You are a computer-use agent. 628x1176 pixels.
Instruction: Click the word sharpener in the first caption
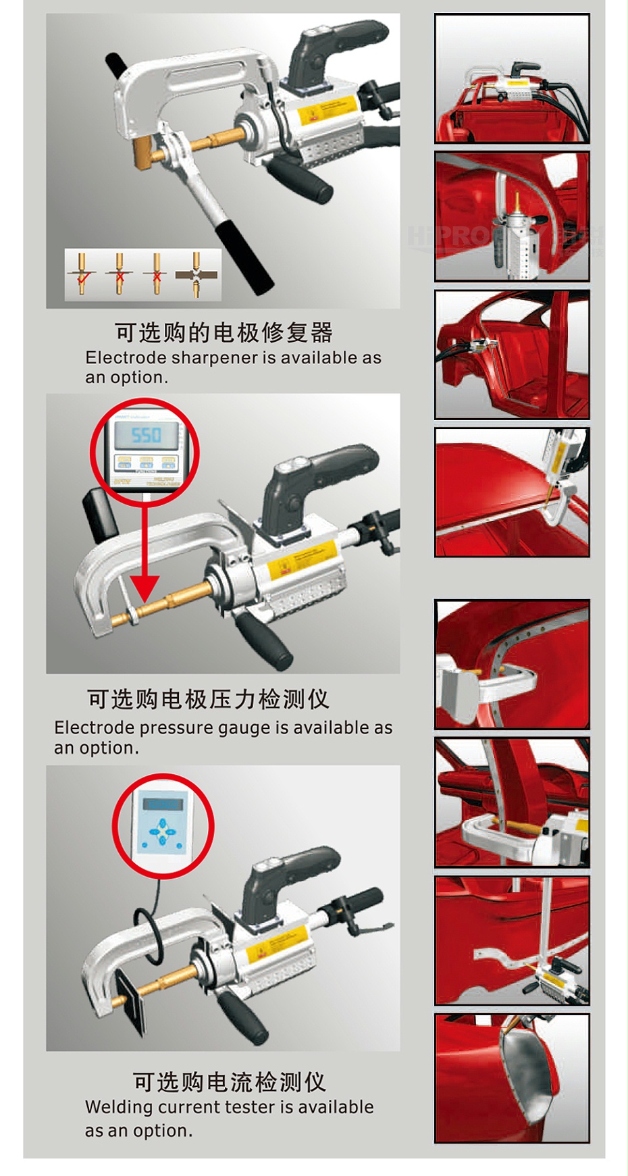[x=215, y=357]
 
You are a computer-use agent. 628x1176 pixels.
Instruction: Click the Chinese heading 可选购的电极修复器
[x=224, y=332]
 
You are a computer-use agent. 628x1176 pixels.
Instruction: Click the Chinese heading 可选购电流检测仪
[x=229, y=1082]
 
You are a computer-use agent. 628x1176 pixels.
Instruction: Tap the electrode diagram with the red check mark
[x=82, y=273]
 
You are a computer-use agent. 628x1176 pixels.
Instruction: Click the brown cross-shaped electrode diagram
[x=197, y=274]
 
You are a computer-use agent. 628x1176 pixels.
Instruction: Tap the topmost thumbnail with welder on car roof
[x=512, y=78]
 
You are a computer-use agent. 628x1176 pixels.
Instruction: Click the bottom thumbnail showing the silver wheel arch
[x=512, y=1078]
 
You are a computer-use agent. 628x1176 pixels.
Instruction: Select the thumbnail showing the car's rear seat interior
[x=512, y=355]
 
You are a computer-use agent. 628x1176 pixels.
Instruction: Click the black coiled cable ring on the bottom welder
[x=149, y=936]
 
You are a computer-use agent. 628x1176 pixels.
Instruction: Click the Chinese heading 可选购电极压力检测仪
[x=208, y=699]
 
